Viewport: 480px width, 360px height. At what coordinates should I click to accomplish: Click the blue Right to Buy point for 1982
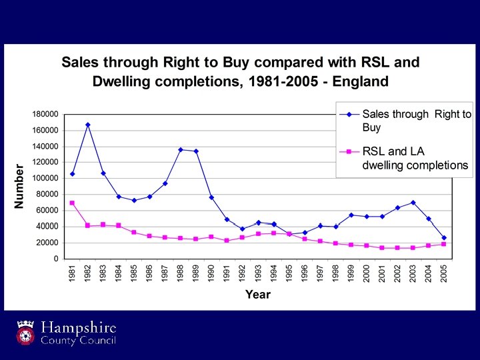point(87,125)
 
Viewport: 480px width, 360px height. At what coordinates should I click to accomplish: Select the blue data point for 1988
point(181,149)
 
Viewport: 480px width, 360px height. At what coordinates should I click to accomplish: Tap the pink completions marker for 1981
point(72,203)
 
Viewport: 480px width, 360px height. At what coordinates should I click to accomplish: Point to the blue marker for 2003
point(413,203)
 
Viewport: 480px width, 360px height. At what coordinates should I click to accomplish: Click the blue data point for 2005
point(444,237)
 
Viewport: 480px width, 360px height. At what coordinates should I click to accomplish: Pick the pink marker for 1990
point(211,237)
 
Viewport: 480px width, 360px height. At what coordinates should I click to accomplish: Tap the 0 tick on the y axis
point(56,259)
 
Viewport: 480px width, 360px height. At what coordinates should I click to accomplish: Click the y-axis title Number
point(20,186)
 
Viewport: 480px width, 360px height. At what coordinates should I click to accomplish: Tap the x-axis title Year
point(257,294)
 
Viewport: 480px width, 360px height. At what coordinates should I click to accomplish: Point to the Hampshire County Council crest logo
point(26,333)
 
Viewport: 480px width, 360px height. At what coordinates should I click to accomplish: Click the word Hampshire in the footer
point(79,328)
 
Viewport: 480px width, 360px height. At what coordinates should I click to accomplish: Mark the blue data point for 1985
point(134,200)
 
